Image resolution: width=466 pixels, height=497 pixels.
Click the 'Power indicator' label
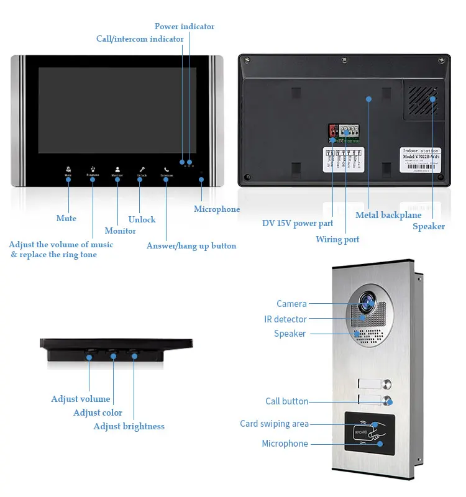tap(185, 27)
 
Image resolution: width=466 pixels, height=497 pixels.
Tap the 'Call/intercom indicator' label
tap(140, 39)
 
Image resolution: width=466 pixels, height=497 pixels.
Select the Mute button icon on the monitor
tap(68, 170)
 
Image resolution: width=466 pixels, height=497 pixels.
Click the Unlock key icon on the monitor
tap(142, 170)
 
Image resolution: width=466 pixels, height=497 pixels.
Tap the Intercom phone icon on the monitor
tap(167, 170)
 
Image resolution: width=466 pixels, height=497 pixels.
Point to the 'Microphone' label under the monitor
tap(217, 209)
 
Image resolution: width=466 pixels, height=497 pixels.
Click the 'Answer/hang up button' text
tap(191, 246)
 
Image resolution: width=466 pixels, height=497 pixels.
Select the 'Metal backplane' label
tap(388, 216)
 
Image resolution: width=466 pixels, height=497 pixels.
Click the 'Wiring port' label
tap(337, 239)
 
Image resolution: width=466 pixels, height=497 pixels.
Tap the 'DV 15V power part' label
tap(298, 224)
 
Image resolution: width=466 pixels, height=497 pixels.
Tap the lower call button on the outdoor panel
tap(388, 401)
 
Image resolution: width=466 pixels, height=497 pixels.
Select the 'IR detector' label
tap(285, 319)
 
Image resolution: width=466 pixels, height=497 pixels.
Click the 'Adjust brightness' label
tap(129, 426)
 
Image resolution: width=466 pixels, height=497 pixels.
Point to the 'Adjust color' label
tap(98, 413)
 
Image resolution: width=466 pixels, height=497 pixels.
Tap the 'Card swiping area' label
tap(274, 424)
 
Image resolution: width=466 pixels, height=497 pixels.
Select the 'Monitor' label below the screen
tap(121, 231)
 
